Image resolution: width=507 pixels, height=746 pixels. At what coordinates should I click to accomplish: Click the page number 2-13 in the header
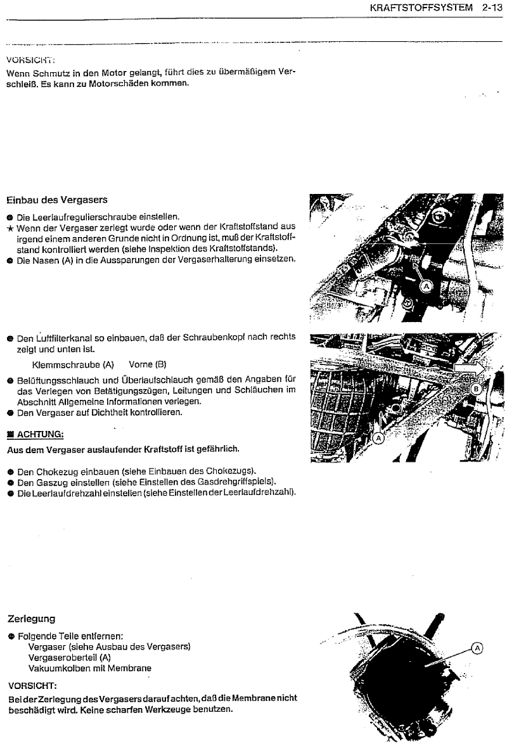point(491,8)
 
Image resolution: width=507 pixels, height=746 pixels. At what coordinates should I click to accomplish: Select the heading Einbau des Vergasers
point(57,200)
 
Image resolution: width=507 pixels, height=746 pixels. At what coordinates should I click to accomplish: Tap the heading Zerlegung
point(31,618)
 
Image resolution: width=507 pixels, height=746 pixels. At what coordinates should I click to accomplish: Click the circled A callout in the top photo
point(426,286)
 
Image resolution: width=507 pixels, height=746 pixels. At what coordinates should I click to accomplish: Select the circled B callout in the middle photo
point(478,391)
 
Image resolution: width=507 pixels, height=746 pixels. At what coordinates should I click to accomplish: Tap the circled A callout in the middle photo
point(380,437)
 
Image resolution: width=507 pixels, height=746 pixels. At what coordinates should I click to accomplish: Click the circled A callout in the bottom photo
point(477,648)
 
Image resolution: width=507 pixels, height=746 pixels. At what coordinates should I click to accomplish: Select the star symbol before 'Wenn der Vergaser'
point(10,227)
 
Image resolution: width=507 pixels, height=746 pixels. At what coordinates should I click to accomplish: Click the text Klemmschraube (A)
point(73,364)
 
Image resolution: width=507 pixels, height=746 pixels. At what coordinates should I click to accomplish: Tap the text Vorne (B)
point(147,364)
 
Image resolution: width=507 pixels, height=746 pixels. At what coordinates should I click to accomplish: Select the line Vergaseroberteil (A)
point(70,657)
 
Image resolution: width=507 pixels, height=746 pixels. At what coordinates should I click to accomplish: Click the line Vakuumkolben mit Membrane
point(90,668)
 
